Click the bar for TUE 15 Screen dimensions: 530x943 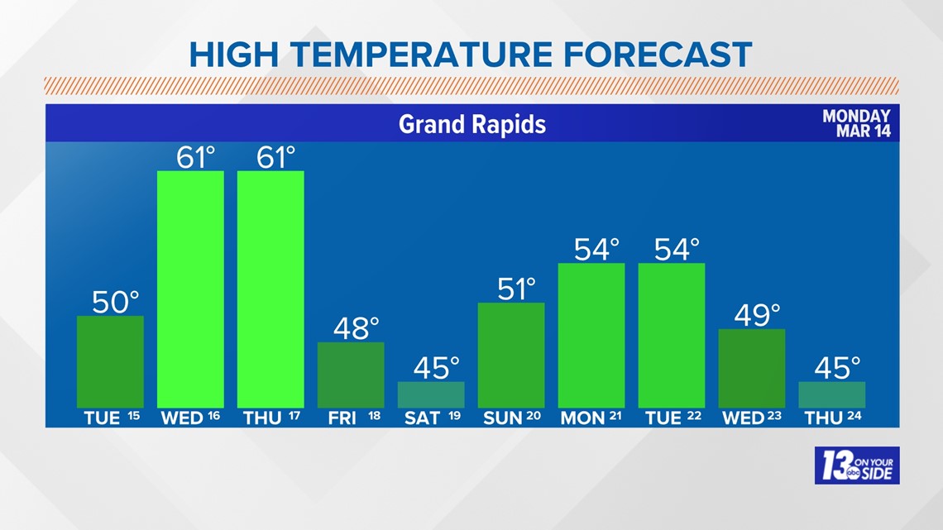pyautogui.click(x=110, y=361)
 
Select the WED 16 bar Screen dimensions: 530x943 pyautogui.click(x=190, y=289)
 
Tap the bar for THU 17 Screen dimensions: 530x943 pyautogui.click(x=270, y=289)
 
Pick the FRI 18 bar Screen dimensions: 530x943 pyautogui.click(x=351, y=375)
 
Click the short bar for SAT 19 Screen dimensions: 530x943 pyautogui.click(x=431, y=394)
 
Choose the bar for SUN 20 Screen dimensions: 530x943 pyautogui.click(x=511, y=355)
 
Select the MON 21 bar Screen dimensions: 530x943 pyautogui.click(x=591, y=335)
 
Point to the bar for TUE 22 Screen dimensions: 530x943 pyautogui.click(x=672, y=335)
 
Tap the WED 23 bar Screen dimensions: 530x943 pyautogui.click(x=752, y=368)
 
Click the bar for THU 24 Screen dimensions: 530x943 pyautogui.click(x=832, y=394)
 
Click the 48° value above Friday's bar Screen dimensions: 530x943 pyautogui.click(x=356, y=328)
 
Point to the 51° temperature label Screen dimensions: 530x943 pyautogui.click(x=517, y=289)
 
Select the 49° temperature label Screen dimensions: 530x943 pyautogui.click(x=758, y=315)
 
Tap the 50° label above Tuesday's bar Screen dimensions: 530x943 pyautogui.click(x=116, y=302)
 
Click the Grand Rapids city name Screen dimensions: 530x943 pyautogui.click(x=472, y=124)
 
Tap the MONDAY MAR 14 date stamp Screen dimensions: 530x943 pyautogui.click(x=856, y=124)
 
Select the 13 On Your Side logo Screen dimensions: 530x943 pyautogui.click(x=856, y=466)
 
